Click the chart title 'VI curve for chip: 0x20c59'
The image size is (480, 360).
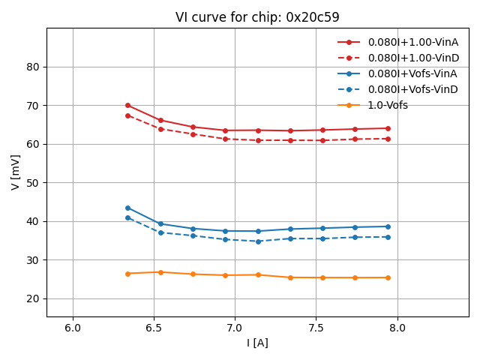(257, 17)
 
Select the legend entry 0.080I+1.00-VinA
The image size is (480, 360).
(412, 42)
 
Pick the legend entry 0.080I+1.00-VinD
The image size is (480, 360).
(412, 58)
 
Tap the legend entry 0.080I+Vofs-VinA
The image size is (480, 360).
(412, 73)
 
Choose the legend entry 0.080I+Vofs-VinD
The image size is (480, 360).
(412, 89)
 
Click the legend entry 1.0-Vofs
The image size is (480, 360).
(388, 105)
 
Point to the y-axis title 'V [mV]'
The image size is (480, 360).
(16, 172)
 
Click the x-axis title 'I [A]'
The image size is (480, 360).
(257, 343)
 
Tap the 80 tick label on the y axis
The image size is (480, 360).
(33, 67)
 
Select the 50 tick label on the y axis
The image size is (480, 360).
(33, 183)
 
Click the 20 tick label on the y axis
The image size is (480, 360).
(33, 298)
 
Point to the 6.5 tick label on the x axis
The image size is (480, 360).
(154, 328)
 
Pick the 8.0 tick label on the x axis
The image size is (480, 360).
(397, 328)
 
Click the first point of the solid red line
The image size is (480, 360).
(127, 105)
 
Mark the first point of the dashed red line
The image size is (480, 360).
(127, 115)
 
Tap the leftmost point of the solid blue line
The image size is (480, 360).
(127, 208)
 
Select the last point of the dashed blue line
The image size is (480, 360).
(388, 237)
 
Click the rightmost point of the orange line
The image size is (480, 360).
(388, 277)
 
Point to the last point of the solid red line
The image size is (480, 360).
(388, 128)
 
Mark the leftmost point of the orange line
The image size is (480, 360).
(127, 274)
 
